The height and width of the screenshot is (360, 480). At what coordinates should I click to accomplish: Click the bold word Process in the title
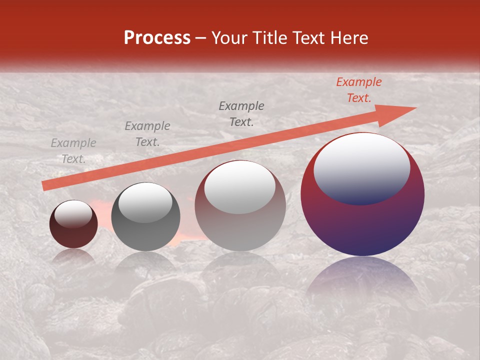[157, 37]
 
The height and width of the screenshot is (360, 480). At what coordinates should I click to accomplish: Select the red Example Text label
[358, 90]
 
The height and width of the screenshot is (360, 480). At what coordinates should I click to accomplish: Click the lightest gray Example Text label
[73, 151]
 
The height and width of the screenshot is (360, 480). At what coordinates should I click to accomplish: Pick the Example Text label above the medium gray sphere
[147, 134]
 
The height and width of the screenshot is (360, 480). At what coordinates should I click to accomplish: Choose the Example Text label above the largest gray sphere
[241, 114]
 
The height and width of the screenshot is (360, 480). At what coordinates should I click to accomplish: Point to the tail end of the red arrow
[46, 186]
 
